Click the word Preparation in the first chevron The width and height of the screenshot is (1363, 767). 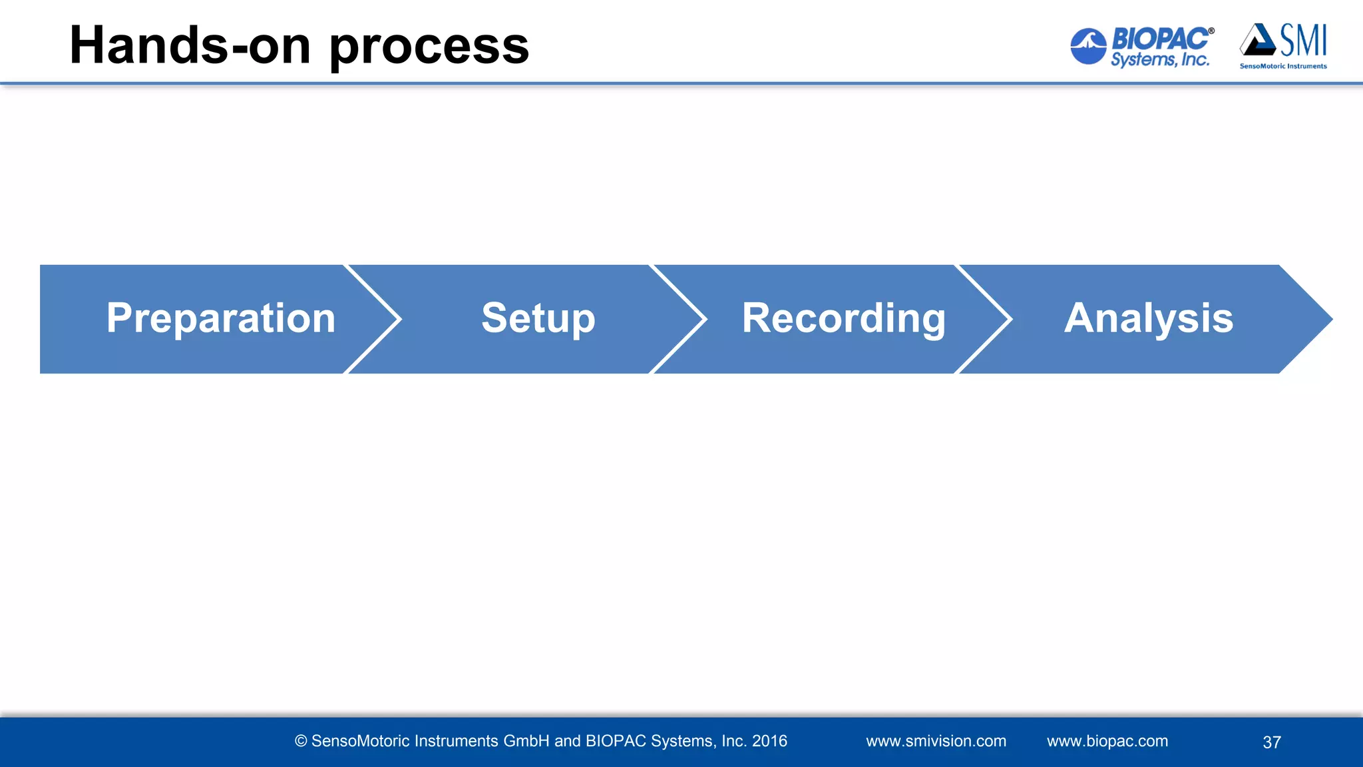coord(221,318)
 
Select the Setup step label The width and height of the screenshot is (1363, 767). coord(538,318)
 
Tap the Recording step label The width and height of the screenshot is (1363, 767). coord(843,318)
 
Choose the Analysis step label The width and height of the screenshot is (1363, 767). coord(1148,318)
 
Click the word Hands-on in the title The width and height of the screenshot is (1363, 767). coord(190,45)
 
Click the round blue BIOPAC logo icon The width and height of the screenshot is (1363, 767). coord(1088,46)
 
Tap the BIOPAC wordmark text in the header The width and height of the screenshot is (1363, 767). coord(1161,39)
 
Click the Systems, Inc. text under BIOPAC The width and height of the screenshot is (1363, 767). coord(1159,60)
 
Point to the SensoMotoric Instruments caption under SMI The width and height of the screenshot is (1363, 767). coord(1283,66)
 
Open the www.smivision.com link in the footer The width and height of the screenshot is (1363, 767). coord(936,741)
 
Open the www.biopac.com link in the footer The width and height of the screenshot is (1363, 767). coord(1107,741)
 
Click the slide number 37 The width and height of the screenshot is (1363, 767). coord(1271,742)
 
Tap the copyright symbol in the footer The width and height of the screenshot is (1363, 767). coord(301,741)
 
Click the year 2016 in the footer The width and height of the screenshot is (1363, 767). coord(769,741)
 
